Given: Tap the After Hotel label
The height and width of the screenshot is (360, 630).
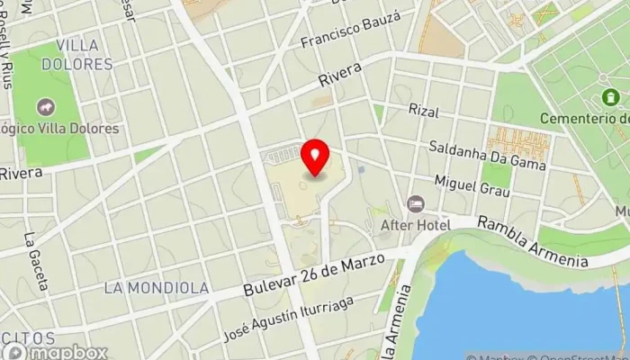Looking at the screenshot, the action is click(415, 224).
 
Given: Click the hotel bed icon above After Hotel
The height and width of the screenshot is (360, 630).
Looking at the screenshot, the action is click(415, 203).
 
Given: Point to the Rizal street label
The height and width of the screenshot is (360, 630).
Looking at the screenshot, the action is click(422, 110).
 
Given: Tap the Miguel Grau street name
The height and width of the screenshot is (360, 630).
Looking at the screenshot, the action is click(465, 183).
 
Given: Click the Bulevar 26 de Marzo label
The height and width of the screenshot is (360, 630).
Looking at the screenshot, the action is click(313, 275).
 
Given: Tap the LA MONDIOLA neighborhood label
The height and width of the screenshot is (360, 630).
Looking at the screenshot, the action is click(157, 288).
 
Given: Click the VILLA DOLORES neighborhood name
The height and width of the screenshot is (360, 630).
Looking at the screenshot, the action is click(85, 54).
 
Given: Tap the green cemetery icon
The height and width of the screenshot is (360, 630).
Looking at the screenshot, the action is click(611, 96).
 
